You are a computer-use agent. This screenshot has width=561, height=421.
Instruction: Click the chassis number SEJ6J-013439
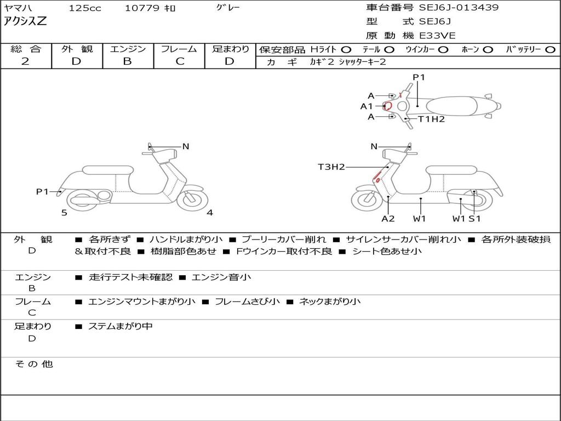[x=459, y=8]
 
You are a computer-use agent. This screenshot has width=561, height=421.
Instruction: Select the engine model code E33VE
[x=437, y=36]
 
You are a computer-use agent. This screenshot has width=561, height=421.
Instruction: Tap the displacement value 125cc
[x=85, y=8]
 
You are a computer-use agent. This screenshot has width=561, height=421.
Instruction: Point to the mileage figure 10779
[x=141, y=8]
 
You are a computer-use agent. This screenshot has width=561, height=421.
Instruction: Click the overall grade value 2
[x=25, y=61]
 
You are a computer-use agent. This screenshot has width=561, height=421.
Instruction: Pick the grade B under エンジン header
[x=127, y=61]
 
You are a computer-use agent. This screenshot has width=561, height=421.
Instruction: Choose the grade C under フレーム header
[x=180, y=61]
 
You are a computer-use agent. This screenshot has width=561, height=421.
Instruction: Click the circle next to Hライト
[x=346, y=50]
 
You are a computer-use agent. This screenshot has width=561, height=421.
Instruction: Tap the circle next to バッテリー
[x=551, y=50]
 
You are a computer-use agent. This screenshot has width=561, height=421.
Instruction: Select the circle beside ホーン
[x=488, y=50]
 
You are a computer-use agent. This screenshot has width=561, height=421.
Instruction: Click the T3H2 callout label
[x=331, y=167]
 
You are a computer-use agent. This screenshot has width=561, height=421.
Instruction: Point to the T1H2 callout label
[x=432, y=119]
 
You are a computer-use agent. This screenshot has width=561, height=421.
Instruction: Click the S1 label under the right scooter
[x=475, y=219]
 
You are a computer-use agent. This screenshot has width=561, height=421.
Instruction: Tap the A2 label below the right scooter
[x=388, y=219]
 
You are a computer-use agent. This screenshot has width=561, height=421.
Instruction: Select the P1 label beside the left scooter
[x=42, y=192]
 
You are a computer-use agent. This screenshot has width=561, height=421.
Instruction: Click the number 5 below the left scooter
[x=64, y=213]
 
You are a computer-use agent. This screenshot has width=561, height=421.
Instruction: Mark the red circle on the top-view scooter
[x=388, y=106]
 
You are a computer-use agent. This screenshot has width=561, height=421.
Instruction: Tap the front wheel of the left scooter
[x=192, y=198]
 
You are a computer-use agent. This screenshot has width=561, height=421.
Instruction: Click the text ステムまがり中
[x=120, y=327]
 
